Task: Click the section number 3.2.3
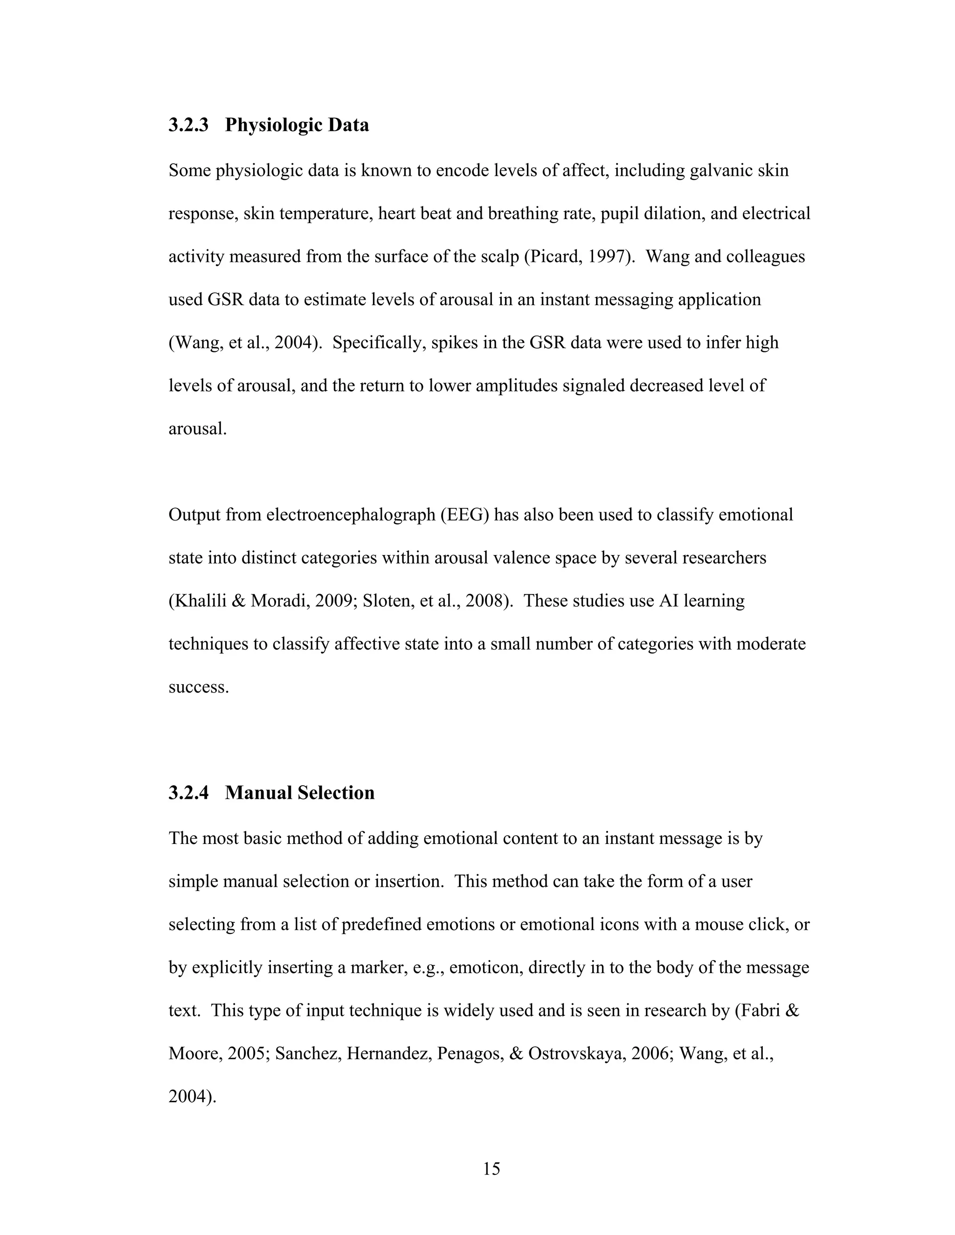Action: [x=188, y=125]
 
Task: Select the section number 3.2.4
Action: [x=188, y=793]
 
